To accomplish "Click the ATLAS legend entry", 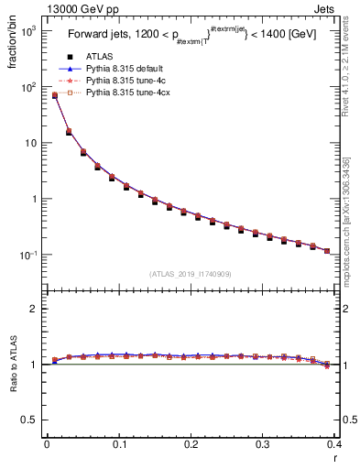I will click(x=98, y=57).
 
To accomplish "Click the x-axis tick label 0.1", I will click(x=118, y=445).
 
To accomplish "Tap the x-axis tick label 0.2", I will click(x=191, y=445).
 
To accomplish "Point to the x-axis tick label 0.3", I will click(x=263, y=445).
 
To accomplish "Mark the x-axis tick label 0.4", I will click(x=334, y=445).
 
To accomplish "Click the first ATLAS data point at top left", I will click(x=54, y=95).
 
